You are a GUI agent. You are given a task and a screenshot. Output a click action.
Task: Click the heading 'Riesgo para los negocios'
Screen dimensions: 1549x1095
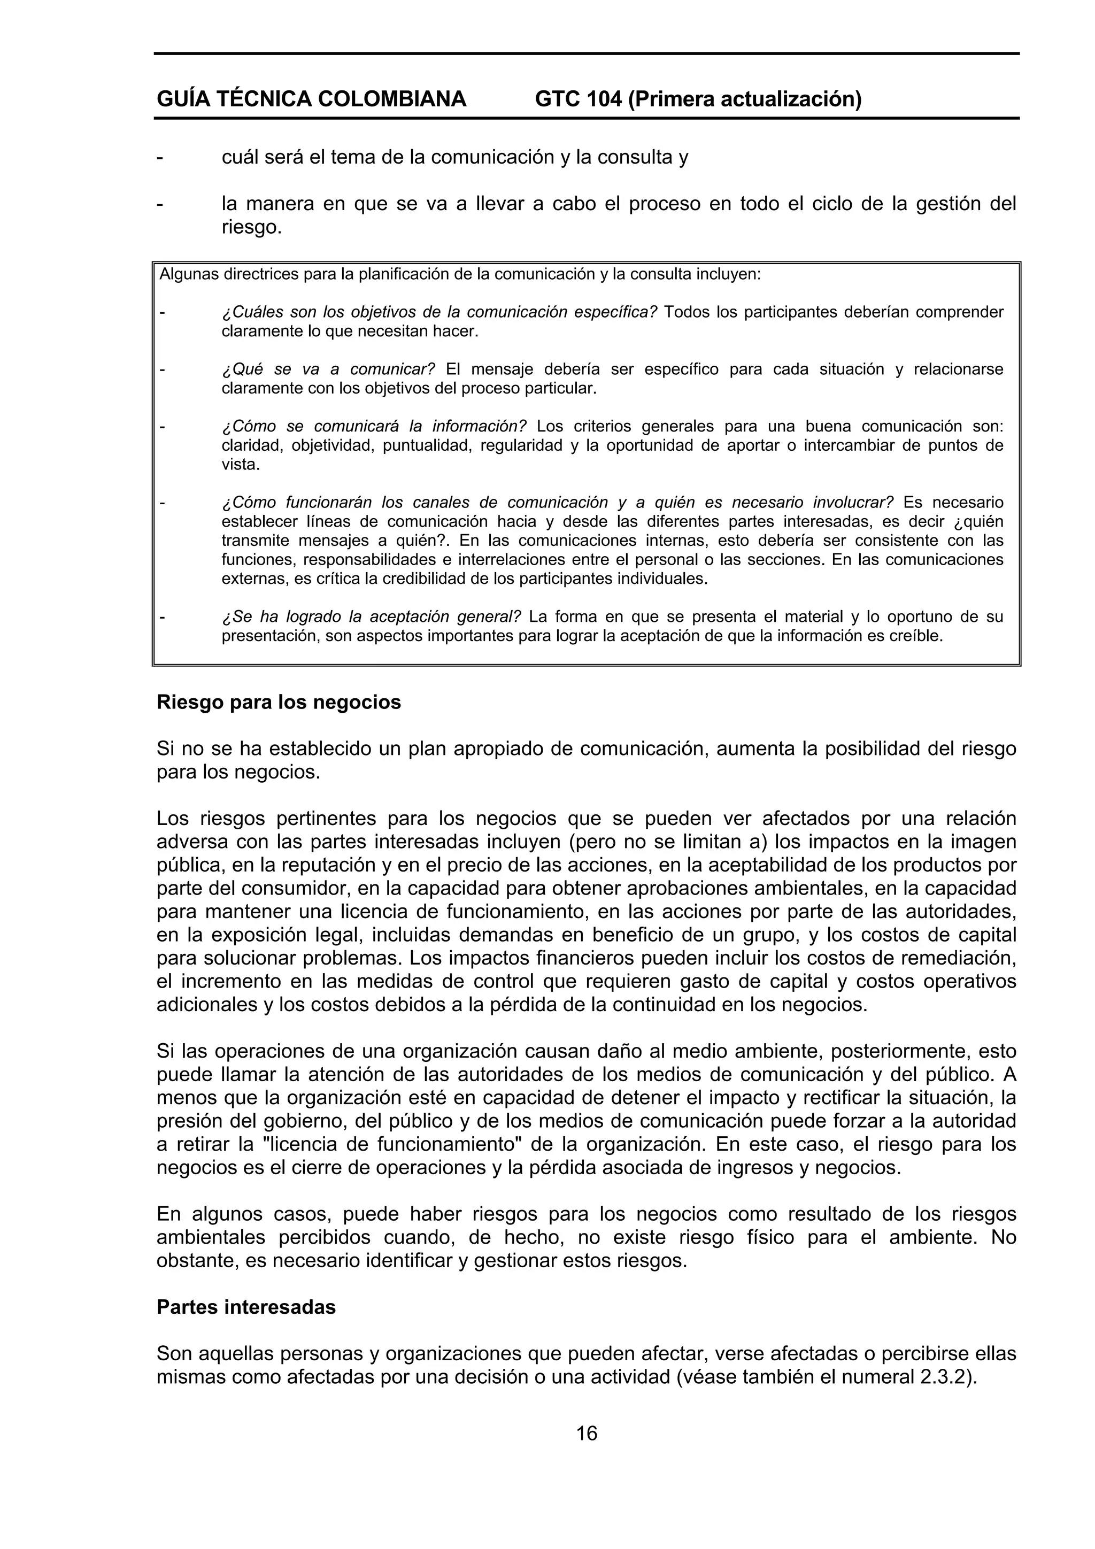tap(279, 702)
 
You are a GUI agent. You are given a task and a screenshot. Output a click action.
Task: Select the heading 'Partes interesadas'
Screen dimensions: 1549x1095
tap(246, 1307)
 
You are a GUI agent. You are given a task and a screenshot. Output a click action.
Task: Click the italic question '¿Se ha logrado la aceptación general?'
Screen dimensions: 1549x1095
tap(371, 616)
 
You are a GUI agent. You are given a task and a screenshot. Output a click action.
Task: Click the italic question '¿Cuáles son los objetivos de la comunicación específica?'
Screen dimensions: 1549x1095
tap(439, 312)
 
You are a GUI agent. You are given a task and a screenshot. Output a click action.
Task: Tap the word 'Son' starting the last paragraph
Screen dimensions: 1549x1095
tap(173, 1354)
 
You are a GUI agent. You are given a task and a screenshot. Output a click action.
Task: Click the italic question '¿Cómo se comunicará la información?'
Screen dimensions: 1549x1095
tap(374, 426)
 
